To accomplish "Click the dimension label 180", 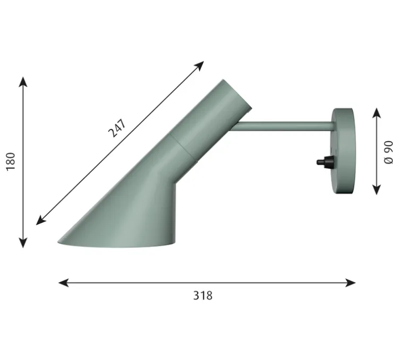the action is [x=11, y=162].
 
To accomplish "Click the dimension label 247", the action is [x=116, y=128].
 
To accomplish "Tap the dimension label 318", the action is [x=203, y=296].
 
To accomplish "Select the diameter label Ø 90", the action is [x=389, y=152].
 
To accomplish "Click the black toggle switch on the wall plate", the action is [x=324, y=161].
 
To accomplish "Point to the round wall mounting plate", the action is [x=343, y=151].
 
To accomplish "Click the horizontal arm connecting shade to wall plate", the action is [x=284, y=126].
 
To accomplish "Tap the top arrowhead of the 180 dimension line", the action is [x=23, y=82].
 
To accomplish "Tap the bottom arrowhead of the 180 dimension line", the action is [x=23, y=243].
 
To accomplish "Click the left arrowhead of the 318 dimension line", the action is [x=63, y=282].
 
